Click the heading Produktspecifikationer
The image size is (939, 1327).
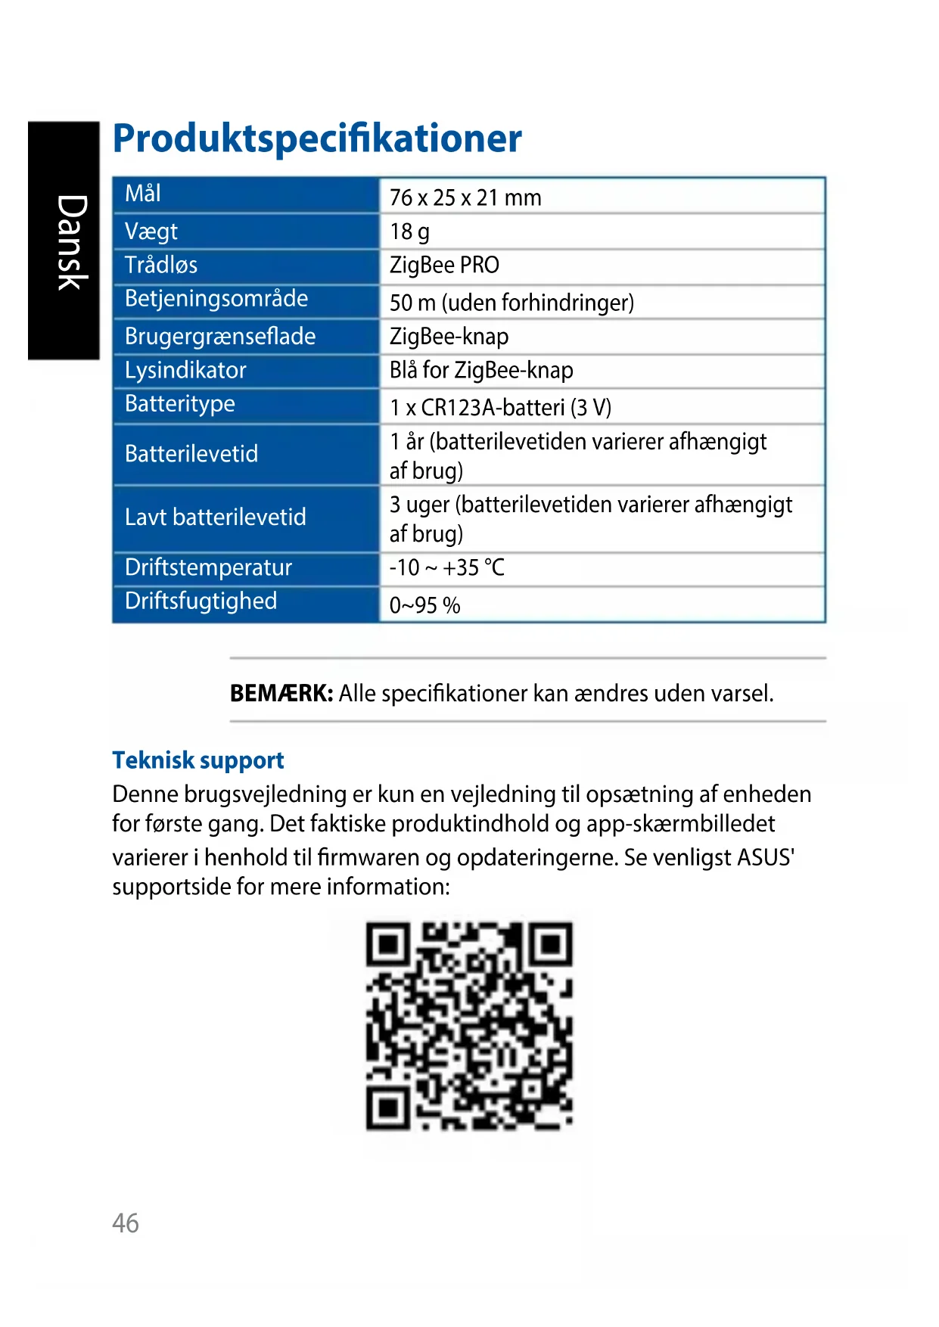pos(317,138)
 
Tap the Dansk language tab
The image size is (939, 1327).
pos(71,242)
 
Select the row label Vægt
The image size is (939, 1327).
pos(151,231)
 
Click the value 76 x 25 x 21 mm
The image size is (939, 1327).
pos(465,197)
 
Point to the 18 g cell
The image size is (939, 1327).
pos(409,232)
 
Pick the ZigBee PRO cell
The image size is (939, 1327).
pos(444,265)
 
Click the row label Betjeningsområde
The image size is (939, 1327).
pos(216,299)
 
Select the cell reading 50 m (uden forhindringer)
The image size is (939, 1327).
pos(511,303)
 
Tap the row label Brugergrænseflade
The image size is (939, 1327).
pos(220,336)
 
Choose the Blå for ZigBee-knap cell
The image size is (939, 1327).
pos(481,370)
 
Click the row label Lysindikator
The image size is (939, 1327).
pos(185,370)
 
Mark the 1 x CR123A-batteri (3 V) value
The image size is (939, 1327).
pos(500,408)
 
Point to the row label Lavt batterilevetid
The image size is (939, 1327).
pos(216,517)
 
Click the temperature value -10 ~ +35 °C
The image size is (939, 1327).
pos(446,567)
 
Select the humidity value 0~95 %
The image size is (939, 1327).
pos(424,605)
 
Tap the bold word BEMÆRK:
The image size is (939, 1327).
pos(281,693)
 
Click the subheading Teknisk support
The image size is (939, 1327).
pos(198,760)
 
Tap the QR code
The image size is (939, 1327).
pos(469,1025)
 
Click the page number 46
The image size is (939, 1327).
pos(126,1223)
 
